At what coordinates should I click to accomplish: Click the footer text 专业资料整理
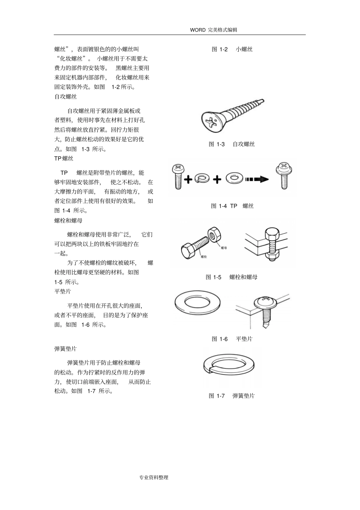click(153, 477)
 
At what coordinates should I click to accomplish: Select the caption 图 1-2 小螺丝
click(232, 49)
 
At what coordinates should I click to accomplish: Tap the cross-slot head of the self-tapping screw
click(211, 122)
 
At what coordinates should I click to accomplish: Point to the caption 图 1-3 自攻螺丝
click(232, 144)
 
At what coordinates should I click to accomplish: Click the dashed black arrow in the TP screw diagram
click(257, 179)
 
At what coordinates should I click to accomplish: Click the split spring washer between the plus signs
click(202, 178)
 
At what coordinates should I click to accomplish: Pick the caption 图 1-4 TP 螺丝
click(232, 206)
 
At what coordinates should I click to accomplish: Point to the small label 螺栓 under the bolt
click(203, 257)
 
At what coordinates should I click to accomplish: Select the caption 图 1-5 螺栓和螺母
click(232, 277)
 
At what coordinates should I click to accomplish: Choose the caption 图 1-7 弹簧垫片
click(232, 396)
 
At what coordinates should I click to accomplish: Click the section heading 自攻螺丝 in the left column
click(66, 97)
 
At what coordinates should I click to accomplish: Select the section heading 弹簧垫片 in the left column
click(66, 348)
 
